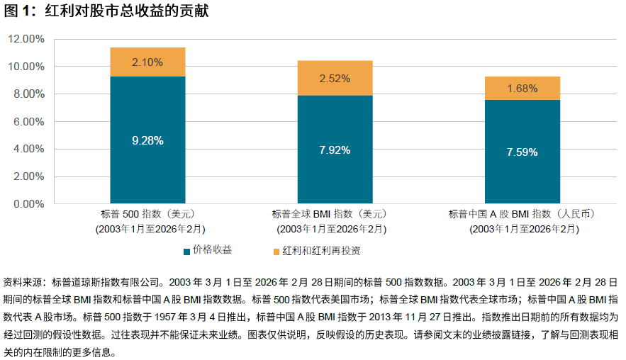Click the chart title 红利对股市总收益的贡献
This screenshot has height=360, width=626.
tap(127, 11)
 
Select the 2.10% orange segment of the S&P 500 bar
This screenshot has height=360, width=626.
tap(147, 62)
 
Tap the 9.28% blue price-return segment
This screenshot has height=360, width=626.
tap(147, 140)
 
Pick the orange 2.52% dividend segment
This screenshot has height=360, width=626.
tap(335, 78)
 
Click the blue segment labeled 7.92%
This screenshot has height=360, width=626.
tap(335, 150)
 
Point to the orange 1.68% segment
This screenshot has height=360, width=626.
tap(522, 89)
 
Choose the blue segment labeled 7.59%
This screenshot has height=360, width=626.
tap(522, 152)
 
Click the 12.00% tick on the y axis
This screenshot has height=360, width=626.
tap(26, 40)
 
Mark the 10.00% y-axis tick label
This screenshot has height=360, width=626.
tap(26, 67)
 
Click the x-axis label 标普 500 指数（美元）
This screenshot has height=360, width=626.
tap(147, 214)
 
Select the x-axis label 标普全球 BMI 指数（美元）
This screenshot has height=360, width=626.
tap(335, 214)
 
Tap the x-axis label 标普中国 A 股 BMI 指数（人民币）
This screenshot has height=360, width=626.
tap(522, 214)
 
